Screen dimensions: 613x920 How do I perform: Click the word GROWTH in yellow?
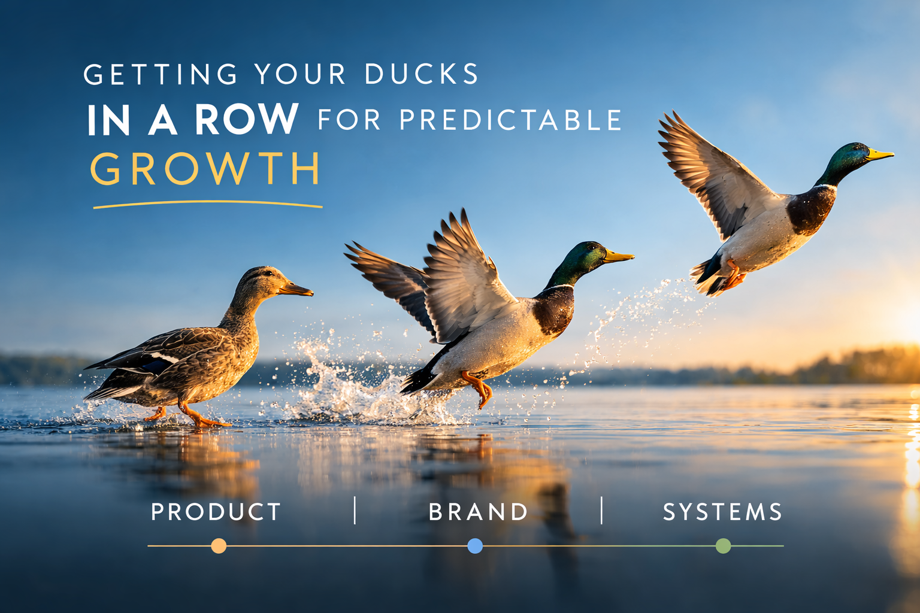205,169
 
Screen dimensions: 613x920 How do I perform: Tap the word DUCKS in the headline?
421,74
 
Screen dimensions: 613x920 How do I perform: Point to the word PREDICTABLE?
511,120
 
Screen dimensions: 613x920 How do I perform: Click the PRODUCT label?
216,512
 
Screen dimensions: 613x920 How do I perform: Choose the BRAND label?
478,512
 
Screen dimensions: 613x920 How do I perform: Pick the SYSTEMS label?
722,512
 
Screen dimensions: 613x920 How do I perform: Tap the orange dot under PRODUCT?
219,546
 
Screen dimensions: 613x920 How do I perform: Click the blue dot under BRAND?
475,546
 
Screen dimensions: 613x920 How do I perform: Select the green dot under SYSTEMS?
724,546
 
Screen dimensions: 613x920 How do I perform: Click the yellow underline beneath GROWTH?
207,205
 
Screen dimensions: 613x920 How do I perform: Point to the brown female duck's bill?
296,290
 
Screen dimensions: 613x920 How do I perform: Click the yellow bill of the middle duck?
618,257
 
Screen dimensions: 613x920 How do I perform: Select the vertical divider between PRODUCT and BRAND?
355,511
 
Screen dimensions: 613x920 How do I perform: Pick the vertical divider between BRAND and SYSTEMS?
601,511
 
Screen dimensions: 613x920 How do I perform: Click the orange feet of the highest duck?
733,278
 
